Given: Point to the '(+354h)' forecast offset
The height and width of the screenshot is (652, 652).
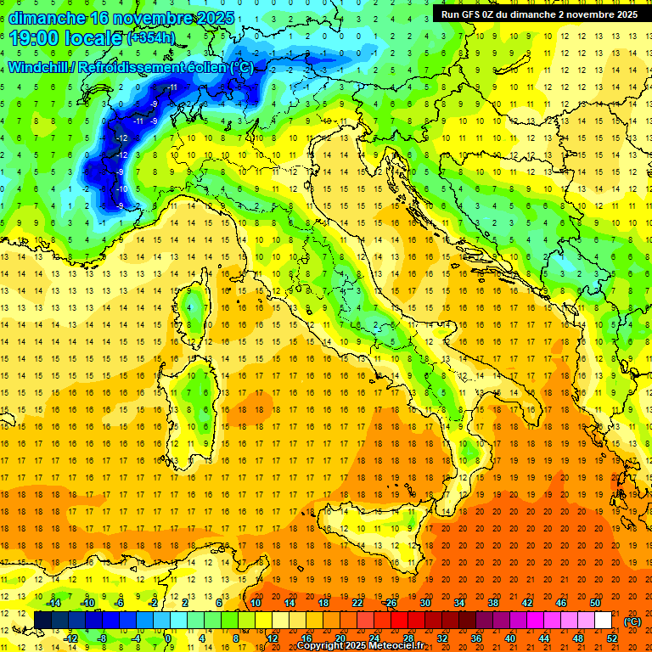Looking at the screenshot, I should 151,38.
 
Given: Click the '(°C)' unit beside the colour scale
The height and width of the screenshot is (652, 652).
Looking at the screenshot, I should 632,621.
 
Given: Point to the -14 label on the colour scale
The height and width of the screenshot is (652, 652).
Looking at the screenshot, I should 54,603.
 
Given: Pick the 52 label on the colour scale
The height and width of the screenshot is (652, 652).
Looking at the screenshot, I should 612,638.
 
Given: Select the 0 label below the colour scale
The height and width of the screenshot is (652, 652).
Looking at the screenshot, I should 168,638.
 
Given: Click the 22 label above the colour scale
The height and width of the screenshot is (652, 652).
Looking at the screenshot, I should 357,603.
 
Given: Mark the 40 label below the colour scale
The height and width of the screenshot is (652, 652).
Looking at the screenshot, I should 509,638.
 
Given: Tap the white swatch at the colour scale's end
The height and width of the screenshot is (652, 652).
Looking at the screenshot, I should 603,621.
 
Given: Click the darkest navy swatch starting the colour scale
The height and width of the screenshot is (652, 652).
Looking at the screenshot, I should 43,621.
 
